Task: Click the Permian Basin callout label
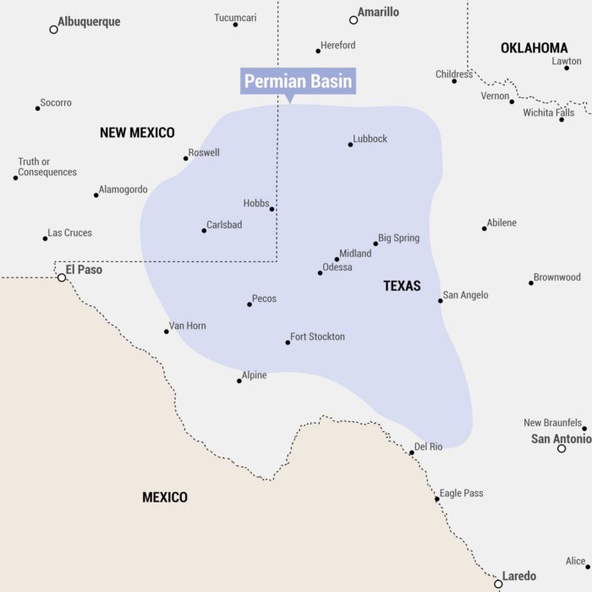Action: click(297, 82)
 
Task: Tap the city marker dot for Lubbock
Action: click(350, 145)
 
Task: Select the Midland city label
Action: click(355, 254)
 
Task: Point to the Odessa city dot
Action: click(320, 272)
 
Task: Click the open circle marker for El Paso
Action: click(62, 277)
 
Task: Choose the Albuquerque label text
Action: click(89, 22)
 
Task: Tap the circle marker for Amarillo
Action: click(354, 19)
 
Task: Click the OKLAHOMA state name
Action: click(534, 48)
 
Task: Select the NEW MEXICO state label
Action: click(137, 133)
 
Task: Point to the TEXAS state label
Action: click(402, 286)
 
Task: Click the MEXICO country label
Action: click(165, 497)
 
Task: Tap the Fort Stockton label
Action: click(317, 337)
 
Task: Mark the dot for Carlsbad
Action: click(204, 231)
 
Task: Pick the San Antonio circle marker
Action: click(562, 448)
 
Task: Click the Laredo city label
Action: click(519, 577)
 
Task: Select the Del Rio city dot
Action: click(412, 452)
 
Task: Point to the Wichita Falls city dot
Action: click(562, 119)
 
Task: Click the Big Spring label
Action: click(399, 238)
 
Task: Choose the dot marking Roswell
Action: click(186, 158)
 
